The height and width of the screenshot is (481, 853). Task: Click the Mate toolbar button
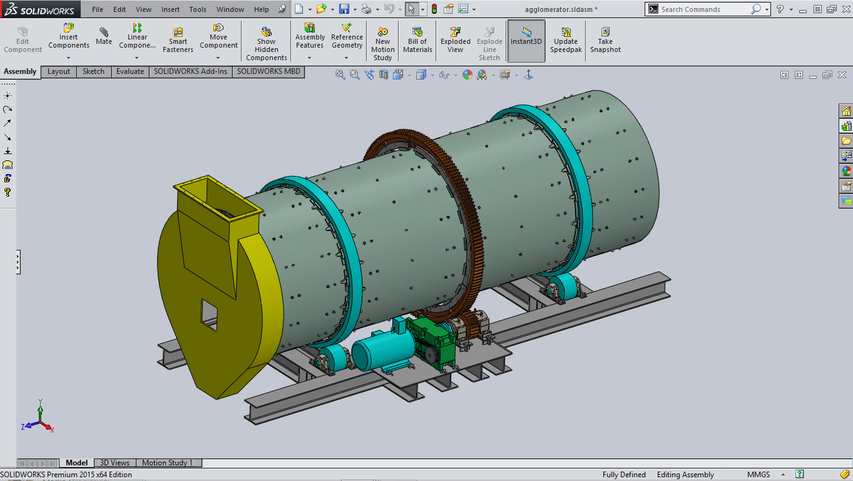point(104,36)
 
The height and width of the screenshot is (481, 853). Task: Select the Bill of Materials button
point(417,40)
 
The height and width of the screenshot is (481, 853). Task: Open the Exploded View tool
point(455,40)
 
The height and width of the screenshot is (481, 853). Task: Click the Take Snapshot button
point(605,40)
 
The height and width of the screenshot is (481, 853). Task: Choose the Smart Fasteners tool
point(178,40)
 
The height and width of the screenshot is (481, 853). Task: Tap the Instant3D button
point(526,41)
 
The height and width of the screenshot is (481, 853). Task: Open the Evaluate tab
point(130,71)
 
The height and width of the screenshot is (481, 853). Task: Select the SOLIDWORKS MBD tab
point(268,71)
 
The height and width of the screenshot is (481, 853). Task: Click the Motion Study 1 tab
point(167,463)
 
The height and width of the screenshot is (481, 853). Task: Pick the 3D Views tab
point(115,463)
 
